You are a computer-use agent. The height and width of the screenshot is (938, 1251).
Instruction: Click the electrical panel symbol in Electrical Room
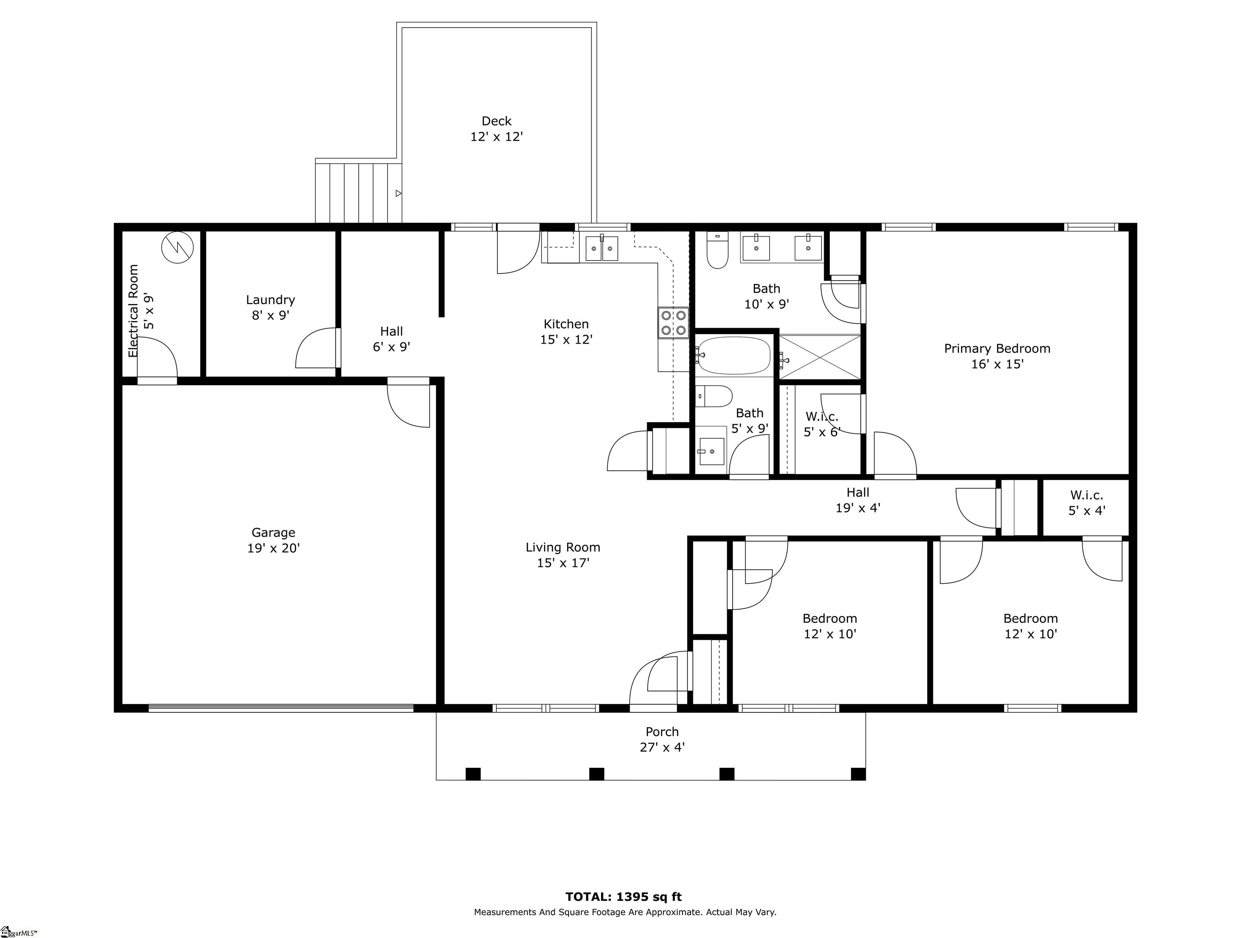[x=178, y=248]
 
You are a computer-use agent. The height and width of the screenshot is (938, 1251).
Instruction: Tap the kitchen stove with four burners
[x=674, y=322]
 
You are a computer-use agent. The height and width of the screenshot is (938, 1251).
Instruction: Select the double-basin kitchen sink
[x=601, y=248]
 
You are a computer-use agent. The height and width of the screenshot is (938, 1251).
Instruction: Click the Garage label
[x=273, y=533]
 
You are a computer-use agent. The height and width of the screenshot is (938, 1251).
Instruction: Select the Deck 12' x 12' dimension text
[x=496, y=137]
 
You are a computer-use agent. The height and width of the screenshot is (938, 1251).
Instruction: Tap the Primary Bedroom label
[x=997, y=348]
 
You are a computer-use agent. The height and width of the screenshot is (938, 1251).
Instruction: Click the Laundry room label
[x=270, y=300]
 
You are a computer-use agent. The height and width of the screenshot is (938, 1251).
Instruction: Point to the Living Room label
[x=563, y=547]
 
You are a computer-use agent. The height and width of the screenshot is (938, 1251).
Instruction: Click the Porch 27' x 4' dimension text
[x=662, y=747]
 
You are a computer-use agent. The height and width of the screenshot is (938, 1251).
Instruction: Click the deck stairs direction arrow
[x=399, y=193]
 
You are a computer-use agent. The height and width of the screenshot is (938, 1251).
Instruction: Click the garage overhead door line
[x=281, y=707]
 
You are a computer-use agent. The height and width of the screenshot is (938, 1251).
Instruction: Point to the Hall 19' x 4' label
[x=858, y=500]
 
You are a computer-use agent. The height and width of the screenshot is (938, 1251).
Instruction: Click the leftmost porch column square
[x=473, y=774]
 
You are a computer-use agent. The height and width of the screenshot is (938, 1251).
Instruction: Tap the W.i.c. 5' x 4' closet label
[x=1086, y=503]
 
